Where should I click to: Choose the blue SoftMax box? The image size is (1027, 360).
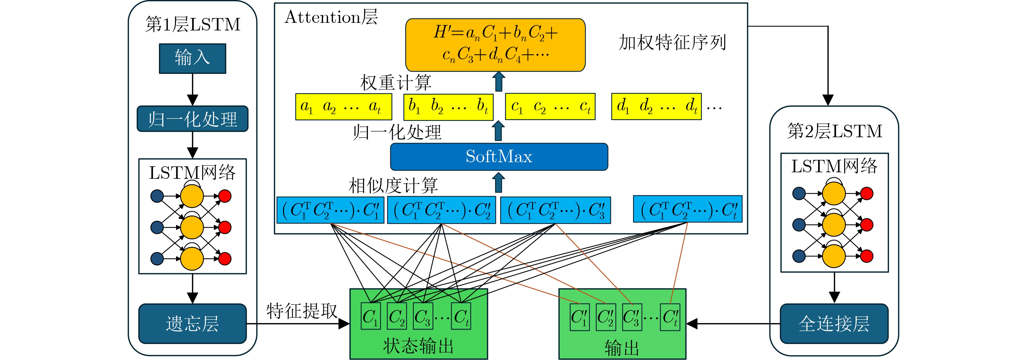pyautogui.click(x=499, y=157)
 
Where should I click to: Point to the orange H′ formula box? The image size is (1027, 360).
pyautogui.click(x=495, y=45)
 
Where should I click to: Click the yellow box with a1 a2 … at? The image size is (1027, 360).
pyautogui.click(x=343, y=107)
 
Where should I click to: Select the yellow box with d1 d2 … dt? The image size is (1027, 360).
pyautogui.click(x=656, y=107)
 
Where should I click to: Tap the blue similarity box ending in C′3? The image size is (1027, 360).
pyautogui.click(x=555, y=210)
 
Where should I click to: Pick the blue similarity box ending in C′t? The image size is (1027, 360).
pyautogui.click(x=687, y=209)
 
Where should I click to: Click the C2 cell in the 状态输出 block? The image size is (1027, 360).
pyautogui.click(x=397, y=316)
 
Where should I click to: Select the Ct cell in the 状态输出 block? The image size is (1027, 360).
pyautogui.click(x=461, y=316)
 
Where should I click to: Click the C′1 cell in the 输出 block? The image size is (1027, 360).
pyautogui.click(x=579, y=317)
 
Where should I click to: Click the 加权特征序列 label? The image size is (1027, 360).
pyautogui.click(x=672, y=42)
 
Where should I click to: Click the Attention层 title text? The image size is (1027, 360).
pyautogui.click(x=331, y=18)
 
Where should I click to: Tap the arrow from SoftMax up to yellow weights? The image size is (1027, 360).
pyautogui.click(x=498, y=131)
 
